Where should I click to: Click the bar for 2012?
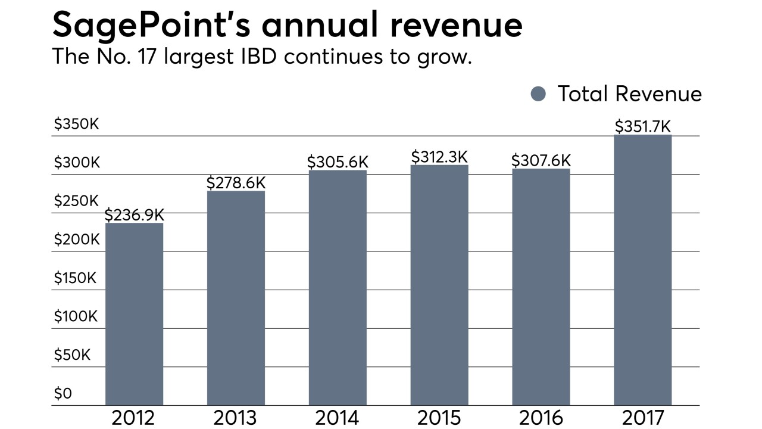[x=134, y=314]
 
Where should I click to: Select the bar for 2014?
[x=338, y=288]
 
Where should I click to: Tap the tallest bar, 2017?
[x=642, y=270]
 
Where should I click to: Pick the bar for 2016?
[x=541, y=287]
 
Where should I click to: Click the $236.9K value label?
[x=134, y=214]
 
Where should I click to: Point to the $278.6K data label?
[x=236, y=183]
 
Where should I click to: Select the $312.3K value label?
[x=439, y=157]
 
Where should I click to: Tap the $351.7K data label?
[x=642, y=127]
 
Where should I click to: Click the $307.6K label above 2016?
[x=541, y=160]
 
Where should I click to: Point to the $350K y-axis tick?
[x=76, y=125]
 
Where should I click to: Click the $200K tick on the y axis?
[x=76, y=240]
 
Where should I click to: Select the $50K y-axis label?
[x=72, y=355]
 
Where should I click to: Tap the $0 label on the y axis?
[x=63, y=394]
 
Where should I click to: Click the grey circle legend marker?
[x=538, y=94]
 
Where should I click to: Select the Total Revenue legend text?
[x=629, y=94]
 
